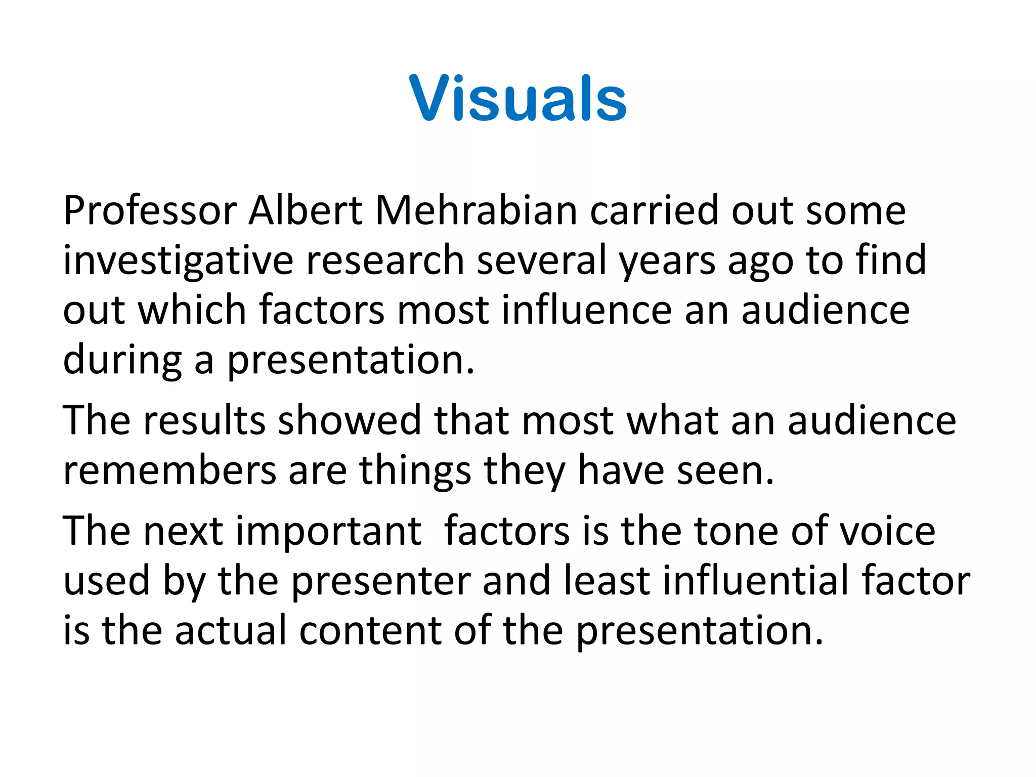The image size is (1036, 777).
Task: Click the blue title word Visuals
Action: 518,98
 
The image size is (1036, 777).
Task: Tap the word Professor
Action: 150,210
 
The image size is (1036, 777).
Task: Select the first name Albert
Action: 306,210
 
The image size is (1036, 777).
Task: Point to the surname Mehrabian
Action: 476,210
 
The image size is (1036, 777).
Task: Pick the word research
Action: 385,260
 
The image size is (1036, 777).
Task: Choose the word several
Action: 542,260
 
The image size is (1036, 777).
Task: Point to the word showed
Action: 350,420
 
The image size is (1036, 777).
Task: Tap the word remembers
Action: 170,470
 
